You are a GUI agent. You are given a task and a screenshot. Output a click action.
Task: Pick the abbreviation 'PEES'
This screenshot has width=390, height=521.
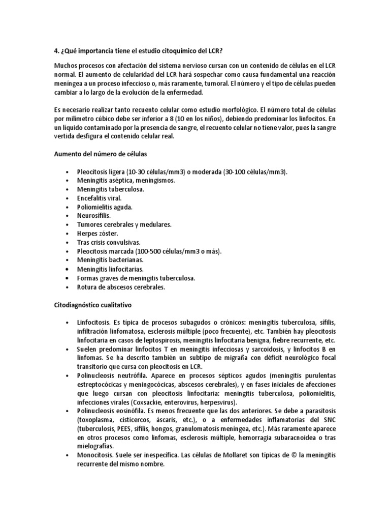click(122, 429)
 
